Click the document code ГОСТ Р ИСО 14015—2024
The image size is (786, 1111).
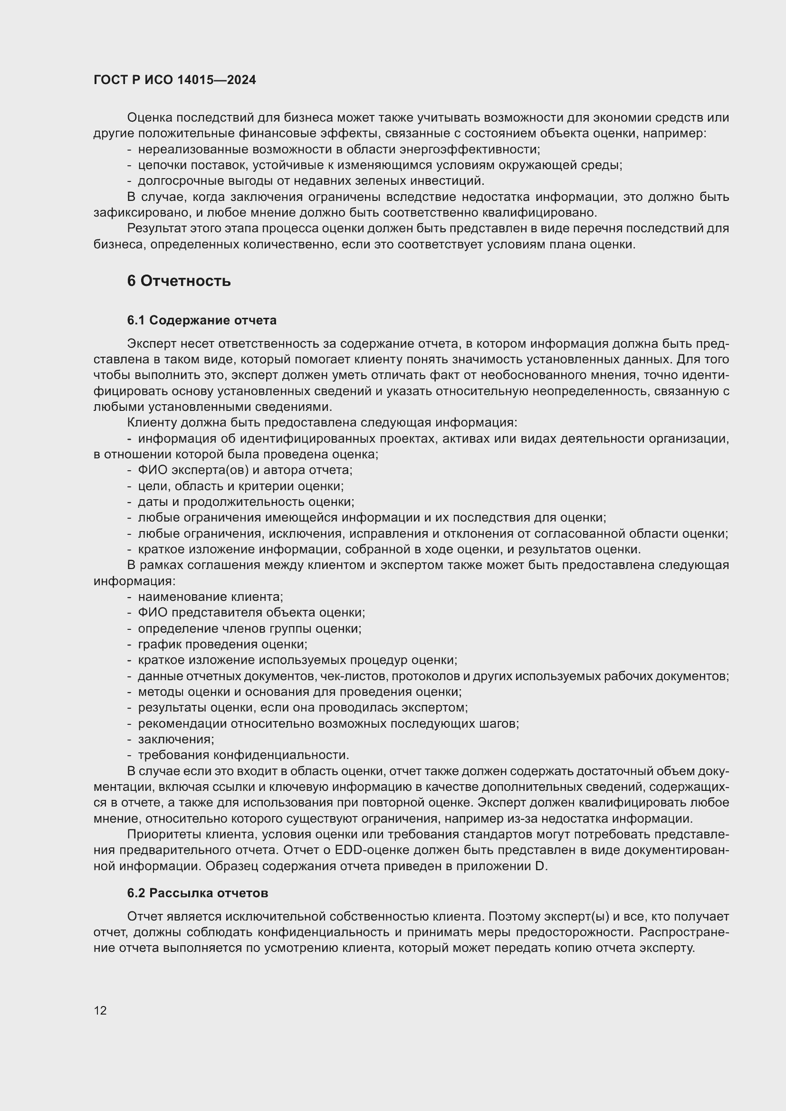174,80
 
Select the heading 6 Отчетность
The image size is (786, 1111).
179,281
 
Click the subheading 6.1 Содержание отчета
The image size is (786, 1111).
201,320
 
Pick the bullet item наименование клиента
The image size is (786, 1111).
210,597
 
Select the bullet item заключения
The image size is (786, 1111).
176,739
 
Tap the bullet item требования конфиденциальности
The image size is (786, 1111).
243,755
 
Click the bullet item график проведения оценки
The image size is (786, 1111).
222,644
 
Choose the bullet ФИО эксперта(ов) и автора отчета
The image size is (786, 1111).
245,470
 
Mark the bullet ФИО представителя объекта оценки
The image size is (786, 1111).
251,613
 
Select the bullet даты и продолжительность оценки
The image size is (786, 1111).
246,502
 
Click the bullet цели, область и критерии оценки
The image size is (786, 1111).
240,486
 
